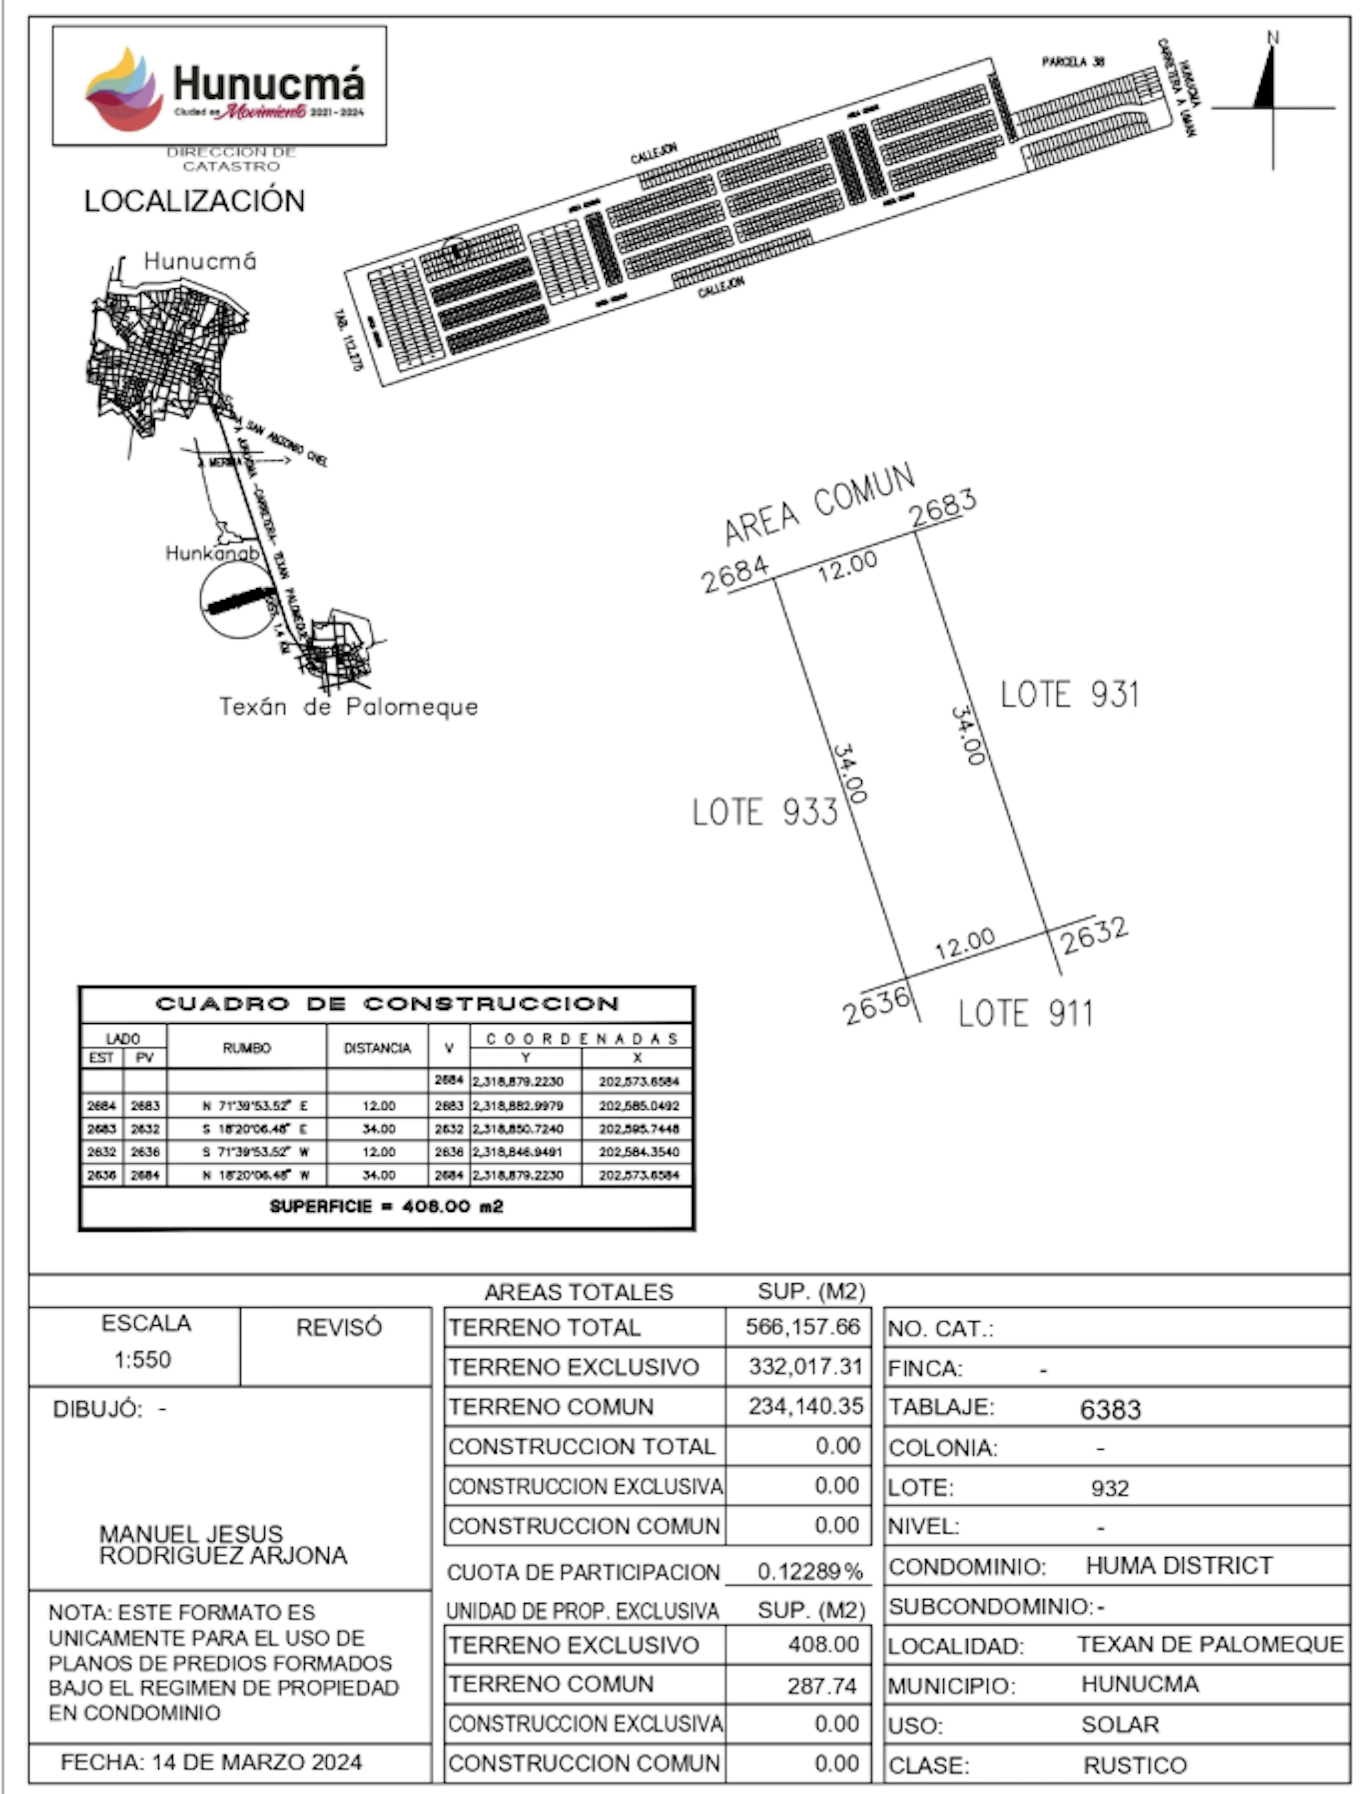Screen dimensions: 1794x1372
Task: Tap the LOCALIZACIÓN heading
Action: point(194,201)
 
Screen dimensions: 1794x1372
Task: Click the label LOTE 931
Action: point(1069,695)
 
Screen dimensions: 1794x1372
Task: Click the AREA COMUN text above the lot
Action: point(819,504)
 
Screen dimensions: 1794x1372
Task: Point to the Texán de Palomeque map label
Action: point(349,707)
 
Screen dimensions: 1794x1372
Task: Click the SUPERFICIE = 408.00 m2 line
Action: point(386,1207)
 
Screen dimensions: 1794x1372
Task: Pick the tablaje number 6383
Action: point(1110,1409)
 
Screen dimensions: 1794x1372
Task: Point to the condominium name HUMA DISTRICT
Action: point(1178,1565)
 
